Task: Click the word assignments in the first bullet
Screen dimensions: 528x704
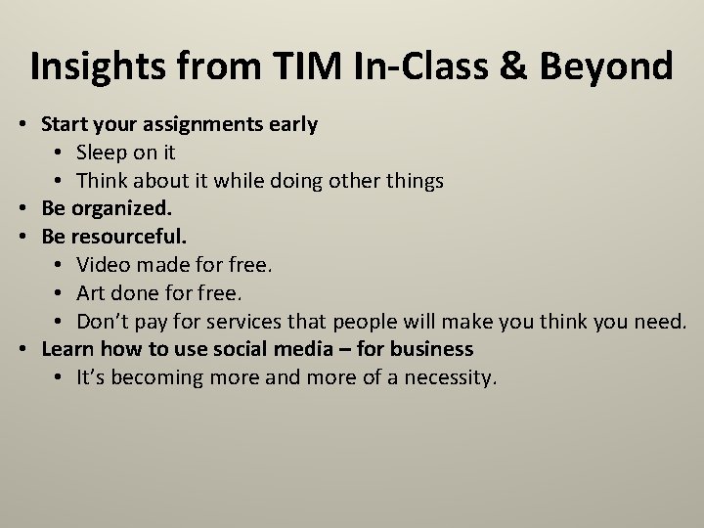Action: tap(193, 125)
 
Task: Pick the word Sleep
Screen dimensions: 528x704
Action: tap(103, 153)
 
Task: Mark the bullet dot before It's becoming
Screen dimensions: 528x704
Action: tap(61, 377)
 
